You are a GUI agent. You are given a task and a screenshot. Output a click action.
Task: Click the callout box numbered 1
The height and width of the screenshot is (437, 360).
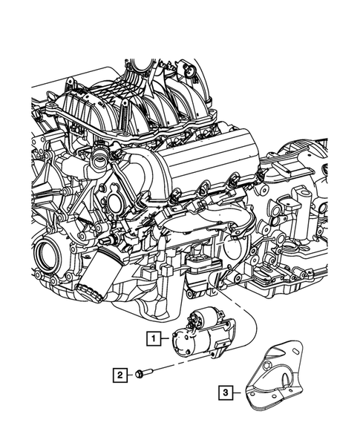pos(153,340)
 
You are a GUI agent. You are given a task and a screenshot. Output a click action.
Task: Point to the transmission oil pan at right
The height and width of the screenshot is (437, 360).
pos(289,282)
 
